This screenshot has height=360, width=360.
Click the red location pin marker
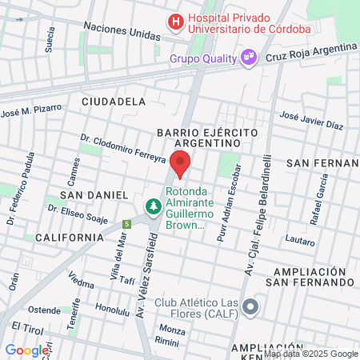(181, 163)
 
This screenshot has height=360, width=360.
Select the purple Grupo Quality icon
(249, 57)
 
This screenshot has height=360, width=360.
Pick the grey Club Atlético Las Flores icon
(251, 307)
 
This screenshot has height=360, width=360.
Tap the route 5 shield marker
(126, 225)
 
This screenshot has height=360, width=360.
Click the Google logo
(26, 350)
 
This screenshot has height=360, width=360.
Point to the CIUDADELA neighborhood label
(114, 102)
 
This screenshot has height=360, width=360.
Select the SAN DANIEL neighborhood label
(94, 194)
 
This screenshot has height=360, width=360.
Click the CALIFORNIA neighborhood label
(69, 237)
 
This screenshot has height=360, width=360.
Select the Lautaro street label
(300, 239)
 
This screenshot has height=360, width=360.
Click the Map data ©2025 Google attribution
(311, 354)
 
